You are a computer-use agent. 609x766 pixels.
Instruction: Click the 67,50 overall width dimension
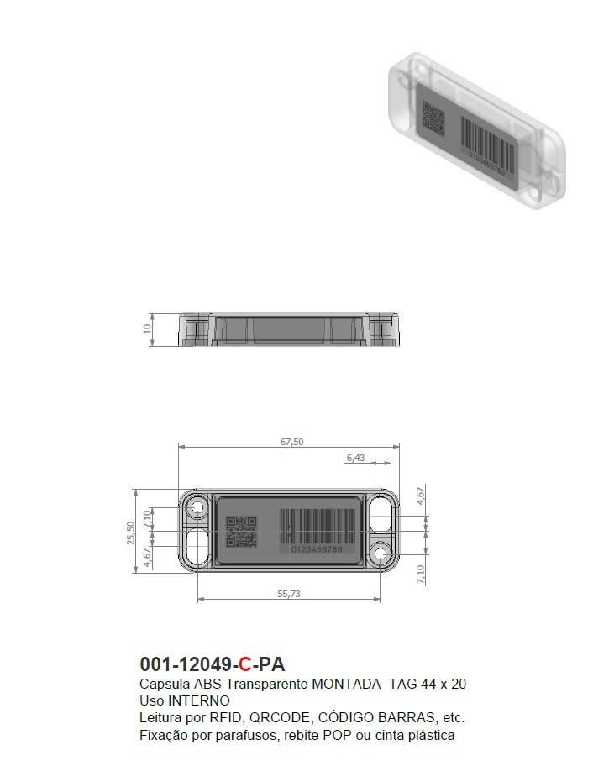tap(291, 442)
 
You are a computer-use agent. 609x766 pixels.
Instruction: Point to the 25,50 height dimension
tap(131, 532)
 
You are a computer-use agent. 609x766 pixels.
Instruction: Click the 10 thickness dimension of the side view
tap(145, 329)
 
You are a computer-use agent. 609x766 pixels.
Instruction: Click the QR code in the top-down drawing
tap(241, 532)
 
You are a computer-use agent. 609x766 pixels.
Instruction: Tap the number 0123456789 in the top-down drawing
tap(317, 549)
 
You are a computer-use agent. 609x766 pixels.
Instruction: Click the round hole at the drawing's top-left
tap(198, 507)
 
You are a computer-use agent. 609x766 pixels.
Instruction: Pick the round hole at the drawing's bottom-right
tap(382, 555)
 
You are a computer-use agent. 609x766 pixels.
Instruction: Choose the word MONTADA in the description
tap(346, 684)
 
